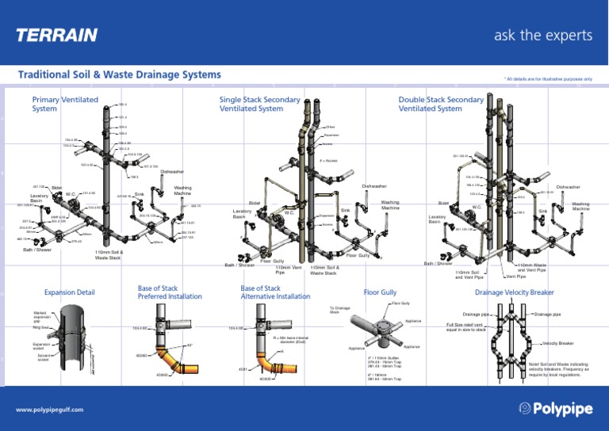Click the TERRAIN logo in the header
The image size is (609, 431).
pos(57,36)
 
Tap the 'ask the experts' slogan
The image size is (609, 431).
pos(543,36)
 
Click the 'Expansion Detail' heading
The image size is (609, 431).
pos(71,292)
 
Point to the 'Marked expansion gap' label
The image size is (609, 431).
pos(44,315)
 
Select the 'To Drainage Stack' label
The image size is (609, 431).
pos(339,309)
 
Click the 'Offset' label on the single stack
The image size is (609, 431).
pos(330,127)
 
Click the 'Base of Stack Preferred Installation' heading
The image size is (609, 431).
pos(168,292)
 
